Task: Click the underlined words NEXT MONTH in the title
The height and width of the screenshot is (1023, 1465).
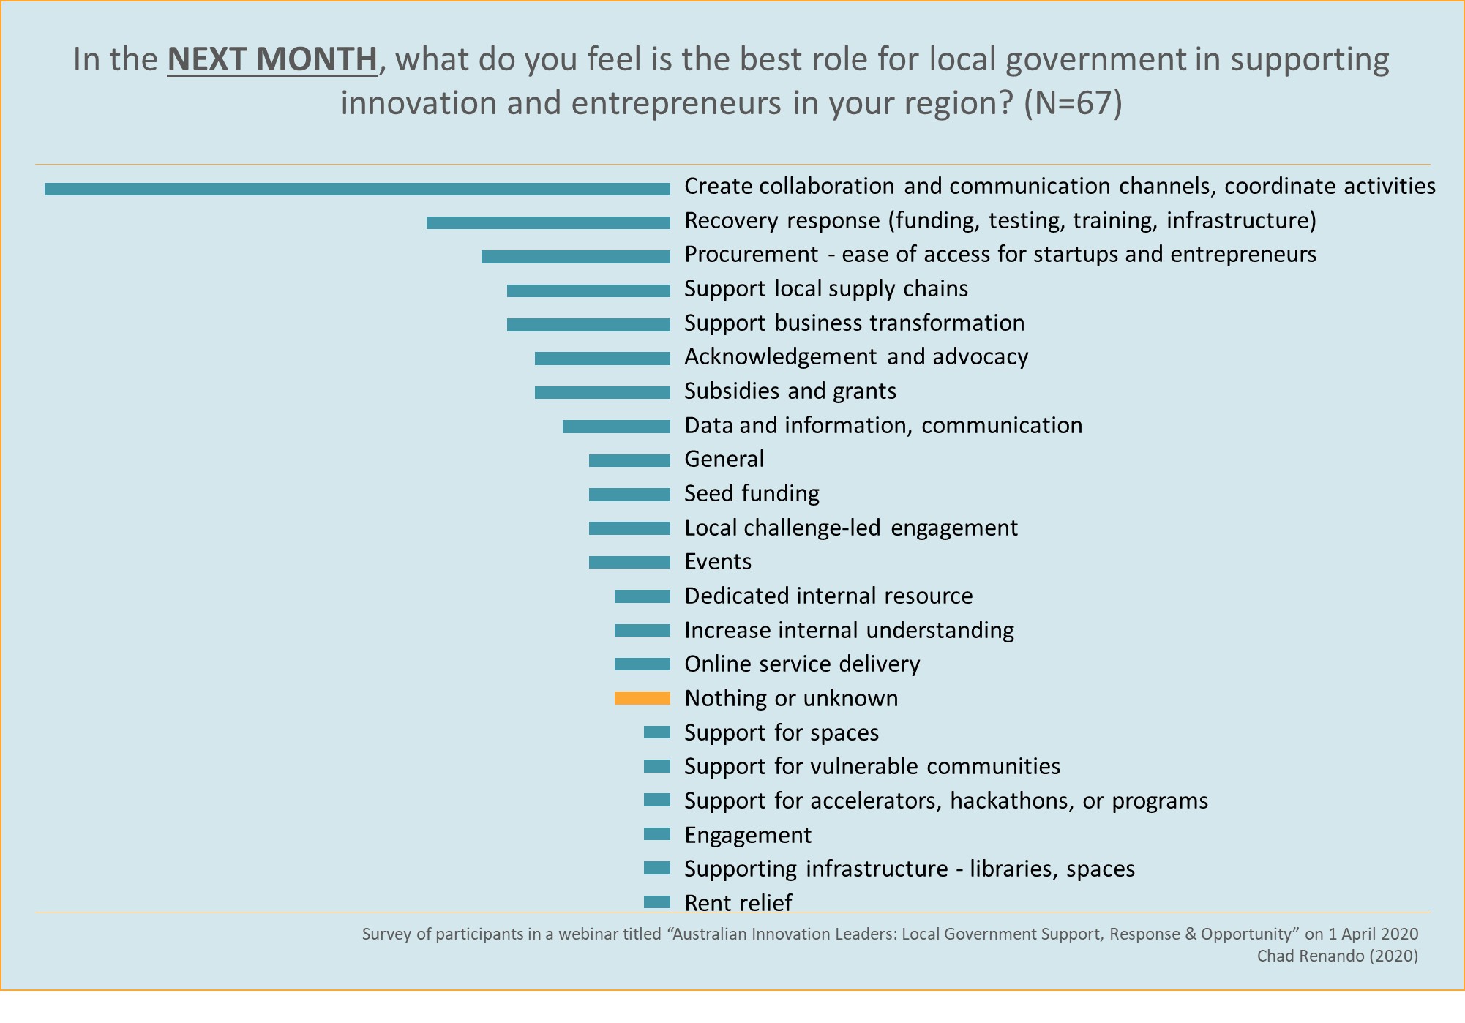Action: coord(272,60)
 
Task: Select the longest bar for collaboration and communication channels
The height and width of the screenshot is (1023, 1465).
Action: coord(357,189)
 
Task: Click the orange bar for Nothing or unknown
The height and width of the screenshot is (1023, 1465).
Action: coord(642,698)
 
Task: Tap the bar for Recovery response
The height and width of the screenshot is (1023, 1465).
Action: coord(548,222)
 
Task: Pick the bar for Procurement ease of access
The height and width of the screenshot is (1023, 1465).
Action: coord(575,257)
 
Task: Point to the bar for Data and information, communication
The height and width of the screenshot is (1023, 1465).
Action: coord(616,427)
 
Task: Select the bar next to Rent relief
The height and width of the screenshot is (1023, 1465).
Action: coord(656,902)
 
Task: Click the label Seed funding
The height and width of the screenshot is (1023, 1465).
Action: coord(752,494)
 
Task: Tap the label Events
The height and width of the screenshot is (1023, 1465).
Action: coord(717,562)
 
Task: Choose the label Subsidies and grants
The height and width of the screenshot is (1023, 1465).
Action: coord(790,391)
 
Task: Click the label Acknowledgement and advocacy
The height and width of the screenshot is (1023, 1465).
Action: coord(855,357)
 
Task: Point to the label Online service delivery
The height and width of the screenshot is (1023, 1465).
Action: coord(801,664)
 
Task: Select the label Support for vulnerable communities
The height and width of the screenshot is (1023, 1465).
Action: coord(872,767)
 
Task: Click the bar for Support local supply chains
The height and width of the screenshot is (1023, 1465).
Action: coord(588,291)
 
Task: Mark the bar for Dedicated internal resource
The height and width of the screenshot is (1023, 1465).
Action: coord(642,596)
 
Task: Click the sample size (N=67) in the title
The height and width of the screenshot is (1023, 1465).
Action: coord(1072,103)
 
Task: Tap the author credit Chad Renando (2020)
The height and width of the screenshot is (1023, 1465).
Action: coord(1337,956)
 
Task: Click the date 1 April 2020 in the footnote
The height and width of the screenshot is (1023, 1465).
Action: coord(1373,934)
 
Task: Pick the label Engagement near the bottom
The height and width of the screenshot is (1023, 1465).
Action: coord(747,836)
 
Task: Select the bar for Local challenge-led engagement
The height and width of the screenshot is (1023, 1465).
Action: coord(629,528)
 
